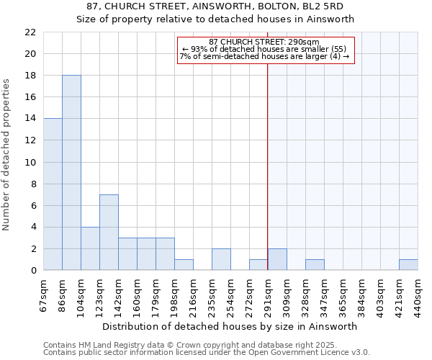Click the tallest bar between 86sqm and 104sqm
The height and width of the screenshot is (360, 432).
click(71, 173)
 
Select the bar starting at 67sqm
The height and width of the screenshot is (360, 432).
click(53, 194)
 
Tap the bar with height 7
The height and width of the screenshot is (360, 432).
click(109, 233)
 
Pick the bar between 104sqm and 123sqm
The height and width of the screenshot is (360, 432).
click(90, 249)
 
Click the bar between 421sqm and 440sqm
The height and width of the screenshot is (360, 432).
click(408, 265)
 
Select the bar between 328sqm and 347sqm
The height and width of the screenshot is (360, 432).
click(315, 265)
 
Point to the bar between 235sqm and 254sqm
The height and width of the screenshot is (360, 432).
click(221, 260)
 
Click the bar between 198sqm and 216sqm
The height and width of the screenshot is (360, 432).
click(184, 265)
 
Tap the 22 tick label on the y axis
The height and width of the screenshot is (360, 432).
click(30, 32)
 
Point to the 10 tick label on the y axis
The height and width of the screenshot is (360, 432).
click(30, 163)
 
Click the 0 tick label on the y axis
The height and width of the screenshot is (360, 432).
click(32, 271)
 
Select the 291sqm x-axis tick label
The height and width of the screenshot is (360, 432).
click(268, 296)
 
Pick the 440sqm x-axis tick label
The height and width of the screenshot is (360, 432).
click(418, 296)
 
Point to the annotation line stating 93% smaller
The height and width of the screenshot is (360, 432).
click(264, 49)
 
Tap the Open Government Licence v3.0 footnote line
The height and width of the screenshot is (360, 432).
click(207, 353)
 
